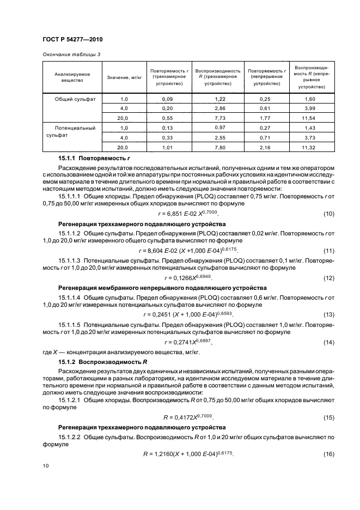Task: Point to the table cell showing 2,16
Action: [x=265, y=148]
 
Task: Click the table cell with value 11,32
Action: [x=309, y=148]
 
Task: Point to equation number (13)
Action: [x=328, y=315]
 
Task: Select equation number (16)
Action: [x=328, y=454]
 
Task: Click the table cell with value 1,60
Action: [x=309, y=99]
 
